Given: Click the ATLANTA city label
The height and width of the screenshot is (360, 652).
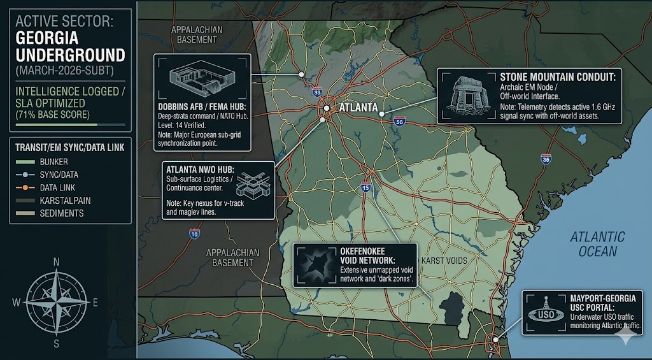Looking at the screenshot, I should (359, 108).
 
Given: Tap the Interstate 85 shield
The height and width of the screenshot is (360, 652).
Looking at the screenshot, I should (317, 93).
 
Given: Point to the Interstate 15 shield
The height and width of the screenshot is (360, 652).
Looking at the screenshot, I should (365, 187).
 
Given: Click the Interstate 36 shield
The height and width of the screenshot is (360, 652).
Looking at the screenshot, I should (546, 159).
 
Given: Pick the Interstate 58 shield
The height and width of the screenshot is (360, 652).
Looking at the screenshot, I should (399, 120).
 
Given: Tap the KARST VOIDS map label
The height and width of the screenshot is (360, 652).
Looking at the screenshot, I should (444, 261).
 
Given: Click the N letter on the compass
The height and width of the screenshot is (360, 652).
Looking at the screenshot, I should (57, 261).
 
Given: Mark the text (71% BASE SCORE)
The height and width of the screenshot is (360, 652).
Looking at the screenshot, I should (53, 114).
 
